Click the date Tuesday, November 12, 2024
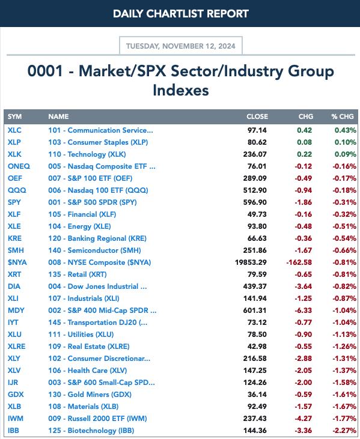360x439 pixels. [x=181, y=46]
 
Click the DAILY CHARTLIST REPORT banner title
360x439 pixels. [x=181, y=13]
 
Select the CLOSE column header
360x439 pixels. [x=257, y=117]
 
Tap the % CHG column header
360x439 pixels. [x=343, y=117]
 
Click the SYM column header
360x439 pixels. [x=14, y=117]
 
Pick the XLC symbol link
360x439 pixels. [x=14, y=130]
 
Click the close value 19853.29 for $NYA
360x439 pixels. [x=251, y=262]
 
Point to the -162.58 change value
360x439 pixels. [x=299, y=262]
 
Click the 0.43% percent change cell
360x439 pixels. [x=346, y=130]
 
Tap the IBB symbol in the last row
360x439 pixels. [x=13, y=431]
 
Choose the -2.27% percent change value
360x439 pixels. [x=344, y=431]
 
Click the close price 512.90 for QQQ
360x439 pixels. [x=255, y=190]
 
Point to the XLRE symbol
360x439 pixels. [x=17, y=347]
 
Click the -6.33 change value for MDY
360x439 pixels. [x=303, y=310]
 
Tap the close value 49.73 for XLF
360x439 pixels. [x=257, y=214]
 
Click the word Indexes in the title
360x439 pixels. [x=181, y=90]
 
